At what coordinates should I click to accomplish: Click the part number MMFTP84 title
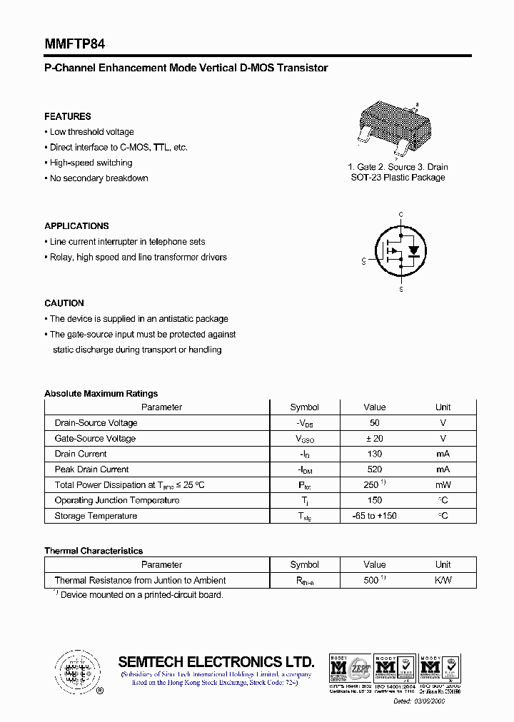(75, 44)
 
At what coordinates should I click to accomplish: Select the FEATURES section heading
(68, 116)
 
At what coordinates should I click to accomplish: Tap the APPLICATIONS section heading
(76, 226)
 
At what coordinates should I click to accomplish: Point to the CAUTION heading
(64, 303)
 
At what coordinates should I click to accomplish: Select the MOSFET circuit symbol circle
(401, 251)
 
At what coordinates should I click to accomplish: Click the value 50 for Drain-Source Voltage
(374, 423)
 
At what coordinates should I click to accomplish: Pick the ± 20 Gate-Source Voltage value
(374, 439)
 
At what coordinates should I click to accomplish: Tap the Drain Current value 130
(374, 454)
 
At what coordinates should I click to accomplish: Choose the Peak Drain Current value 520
(374, 469)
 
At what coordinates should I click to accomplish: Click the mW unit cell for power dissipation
(443, 485)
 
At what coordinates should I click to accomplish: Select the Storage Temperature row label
(96, 516)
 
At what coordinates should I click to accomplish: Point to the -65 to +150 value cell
(374, 516)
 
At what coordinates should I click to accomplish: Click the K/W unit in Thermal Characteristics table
(443, 581)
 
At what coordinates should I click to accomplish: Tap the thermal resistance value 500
(373, 581)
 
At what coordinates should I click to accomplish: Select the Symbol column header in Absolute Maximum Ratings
(304, 407)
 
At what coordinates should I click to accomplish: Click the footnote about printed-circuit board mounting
(138, 594)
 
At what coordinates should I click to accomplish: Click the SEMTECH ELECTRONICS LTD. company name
(216, 661)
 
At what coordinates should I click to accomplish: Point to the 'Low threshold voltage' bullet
(91, 132)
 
